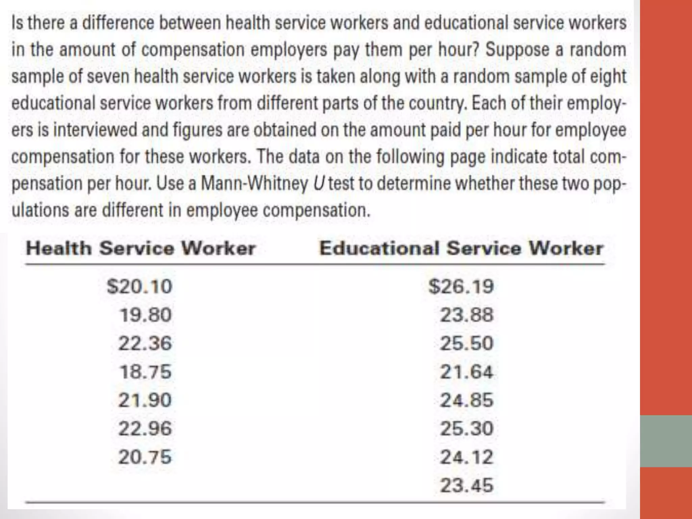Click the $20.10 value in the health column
140,287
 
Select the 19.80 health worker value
146,315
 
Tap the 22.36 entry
145,343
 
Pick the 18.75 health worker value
146,372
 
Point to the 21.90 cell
145,400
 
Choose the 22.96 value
145,428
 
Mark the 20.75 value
145,457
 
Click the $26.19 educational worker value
461,287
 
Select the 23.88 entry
467,315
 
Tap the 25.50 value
467,343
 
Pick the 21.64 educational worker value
467,372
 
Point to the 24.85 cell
467,400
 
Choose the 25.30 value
467,428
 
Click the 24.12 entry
467,457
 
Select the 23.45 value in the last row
467,486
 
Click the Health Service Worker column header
141,248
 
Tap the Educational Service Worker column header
461,248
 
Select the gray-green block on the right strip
666,441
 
